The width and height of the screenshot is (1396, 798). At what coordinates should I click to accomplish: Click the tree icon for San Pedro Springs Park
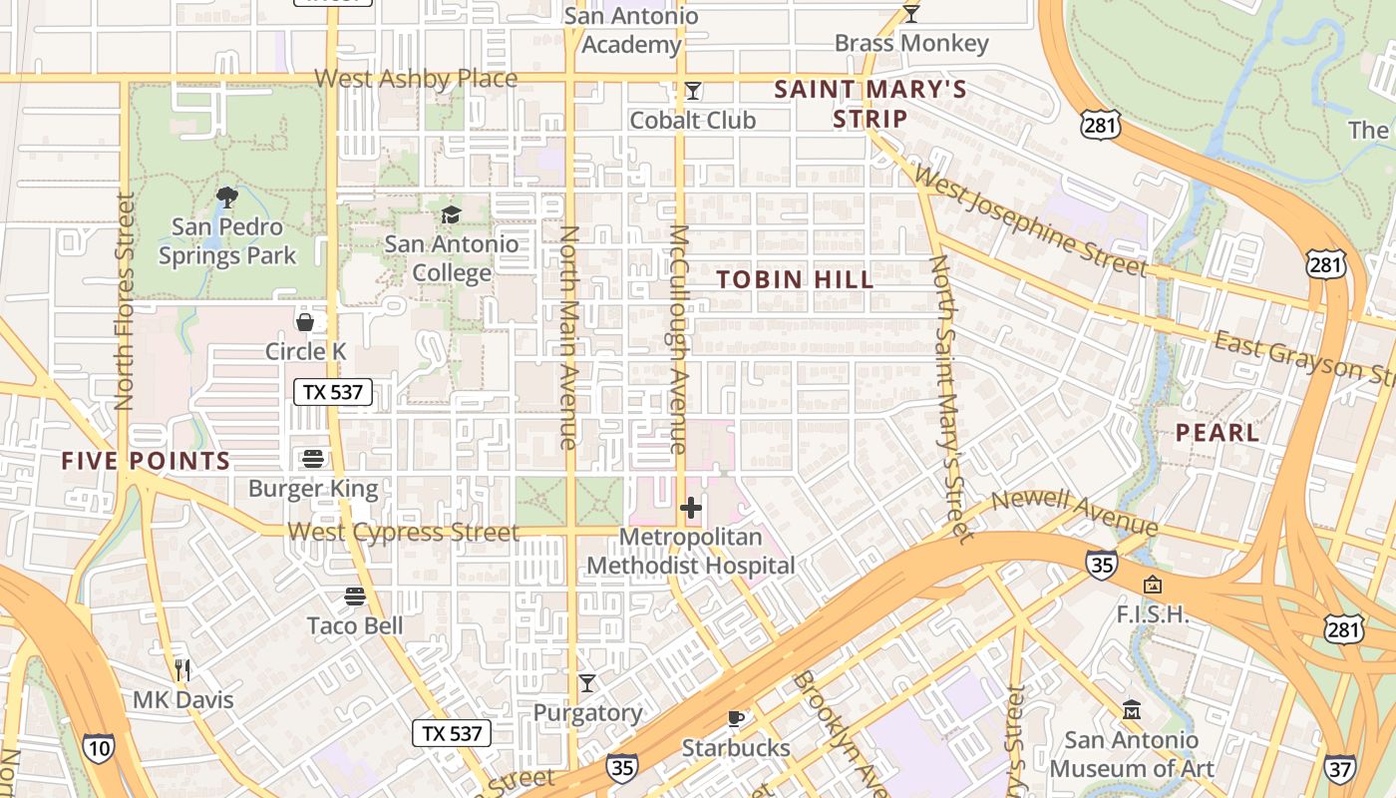(227, 197)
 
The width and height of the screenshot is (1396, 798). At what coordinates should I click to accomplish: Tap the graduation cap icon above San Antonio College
(452, 214)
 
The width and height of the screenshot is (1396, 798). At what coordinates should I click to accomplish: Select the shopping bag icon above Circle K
(305, 322)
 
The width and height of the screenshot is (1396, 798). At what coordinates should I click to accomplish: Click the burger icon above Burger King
(313, 459)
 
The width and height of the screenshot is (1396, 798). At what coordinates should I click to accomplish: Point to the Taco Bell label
(355, 625)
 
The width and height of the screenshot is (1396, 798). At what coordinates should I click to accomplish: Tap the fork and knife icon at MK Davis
(182, 669)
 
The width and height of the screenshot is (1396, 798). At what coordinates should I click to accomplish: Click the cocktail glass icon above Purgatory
(587, 683)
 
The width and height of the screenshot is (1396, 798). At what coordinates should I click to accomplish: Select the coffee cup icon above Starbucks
(736, 718)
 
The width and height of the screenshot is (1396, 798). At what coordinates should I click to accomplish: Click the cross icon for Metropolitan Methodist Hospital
(690, 509)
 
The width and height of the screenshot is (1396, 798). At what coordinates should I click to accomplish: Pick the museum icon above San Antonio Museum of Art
(1132, 710)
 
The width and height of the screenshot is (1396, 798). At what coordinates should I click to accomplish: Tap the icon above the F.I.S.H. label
(1153, 585)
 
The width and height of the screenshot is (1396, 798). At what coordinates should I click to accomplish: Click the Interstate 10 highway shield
(98, 747)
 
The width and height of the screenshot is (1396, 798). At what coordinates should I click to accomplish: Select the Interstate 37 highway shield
(1340, 768)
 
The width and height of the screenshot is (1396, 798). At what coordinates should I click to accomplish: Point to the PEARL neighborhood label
(1217, 433)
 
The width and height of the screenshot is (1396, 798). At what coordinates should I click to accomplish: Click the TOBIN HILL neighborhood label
(796, 280)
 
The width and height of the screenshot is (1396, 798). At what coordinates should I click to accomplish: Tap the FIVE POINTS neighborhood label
(146, 461)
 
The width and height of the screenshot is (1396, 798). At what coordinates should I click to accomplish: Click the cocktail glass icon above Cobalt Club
(693, 92)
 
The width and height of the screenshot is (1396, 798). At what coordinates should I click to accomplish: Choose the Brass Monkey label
(911, 43)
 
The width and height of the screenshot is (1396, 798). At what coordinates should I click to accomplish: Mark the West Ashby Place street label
(416, 79)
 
